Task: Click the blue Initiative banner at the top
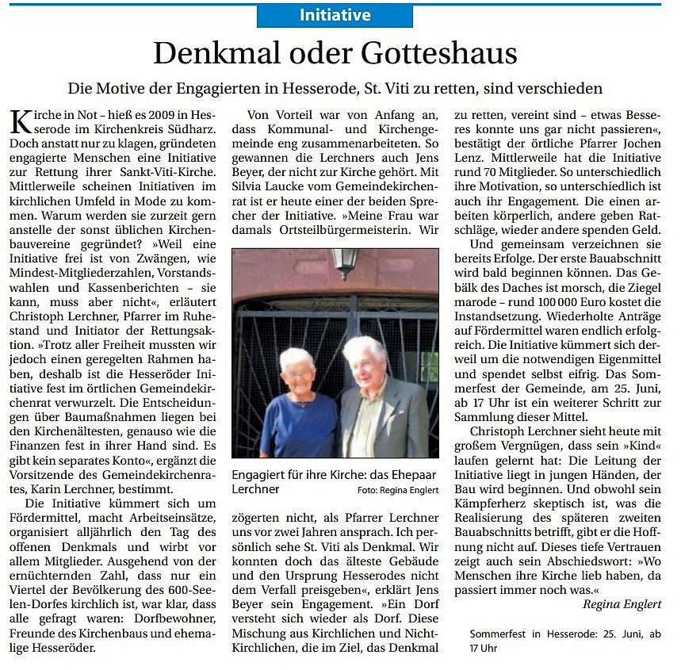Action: [x=335, y=15]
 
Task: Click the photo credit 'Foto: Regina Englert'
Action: [x=398, y=490]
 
